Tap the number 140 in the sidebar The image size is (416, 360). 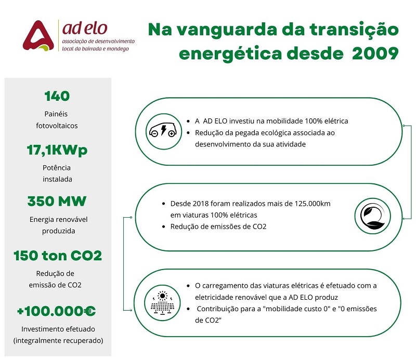(x=57, y=96)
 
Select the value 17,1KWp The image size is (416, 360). (x=57, y=151)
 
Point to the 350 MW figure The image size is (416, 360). (x=57, y=202)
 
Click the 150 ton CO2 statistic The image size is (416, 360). (x=57, y=256)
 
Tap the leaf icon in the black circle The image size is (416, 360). (x=370, y=214)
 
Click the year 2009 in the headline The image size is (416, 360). (x=374, y=54)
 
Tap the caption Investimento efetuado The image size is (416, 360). (x=57, y=329)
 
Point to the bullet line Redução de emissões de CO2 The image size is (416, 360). (x=218, y=226)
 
